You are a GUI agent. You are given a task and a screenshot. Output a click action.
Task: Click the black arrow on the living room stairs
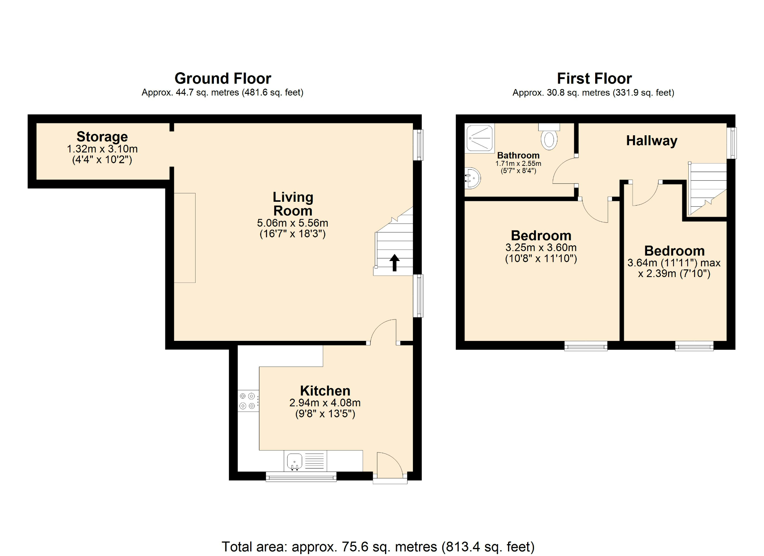394,263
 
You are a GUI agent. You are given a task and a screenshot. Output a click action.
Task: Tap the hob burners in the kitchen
248,401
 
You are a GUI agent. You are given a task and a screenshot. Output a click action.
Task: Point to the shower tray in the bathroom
480,138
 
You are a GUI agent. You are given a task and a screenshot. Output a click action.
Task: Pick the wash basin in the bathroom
472,178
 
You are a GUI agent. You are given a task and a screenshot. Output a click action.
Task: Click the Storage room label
102,136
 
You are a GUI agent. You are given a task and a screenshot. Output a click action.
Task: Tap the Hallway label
651,141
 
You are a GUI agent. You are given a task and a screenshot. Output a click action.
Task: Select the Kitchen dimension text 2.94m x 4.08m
325,403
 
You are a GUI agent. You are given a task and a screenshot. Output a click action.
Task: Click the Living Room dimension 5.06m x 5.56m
292,223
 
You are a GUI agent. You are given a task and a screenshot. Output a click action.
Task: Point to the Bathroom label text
518,156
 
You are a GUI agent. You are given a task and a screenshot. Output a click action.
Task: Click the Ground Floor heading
223,78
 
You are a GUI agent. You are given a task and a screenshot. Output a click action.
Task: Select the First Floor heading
594,78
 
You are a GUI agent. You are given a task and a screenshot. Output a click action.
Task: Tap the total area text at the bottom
378,546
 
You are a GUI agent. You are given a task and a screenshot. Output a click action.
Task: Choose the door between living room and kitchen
384,331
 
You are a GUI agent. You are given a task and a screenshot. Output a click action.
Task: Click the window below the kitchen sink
301,477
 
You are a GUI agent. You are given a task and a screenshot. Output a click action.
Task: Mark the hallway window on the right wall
731,143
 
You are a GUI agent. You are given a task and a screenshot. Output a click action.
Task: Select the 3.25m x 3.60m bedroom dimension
541,248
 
